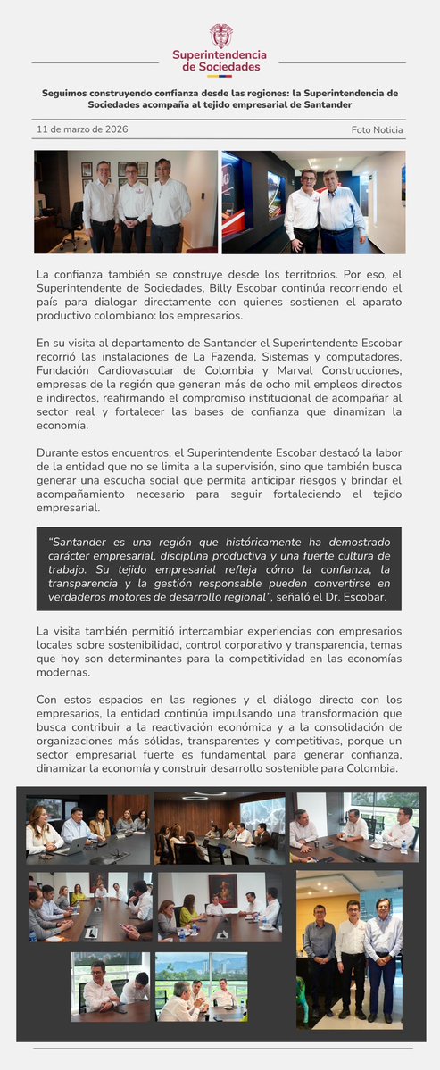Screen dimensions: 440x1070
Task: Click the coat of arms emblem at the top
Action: pos(221,36)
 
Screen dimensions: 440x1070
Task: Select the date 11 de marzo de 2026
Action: pos(82,129)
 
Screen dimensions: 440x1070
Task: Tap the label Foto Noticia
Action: pos(377,130)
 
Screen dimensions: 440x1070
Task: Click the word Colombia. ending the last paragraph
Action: pos(372,768)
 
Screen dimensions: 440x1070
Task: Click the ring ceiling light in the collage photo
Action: pos(204,795)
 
